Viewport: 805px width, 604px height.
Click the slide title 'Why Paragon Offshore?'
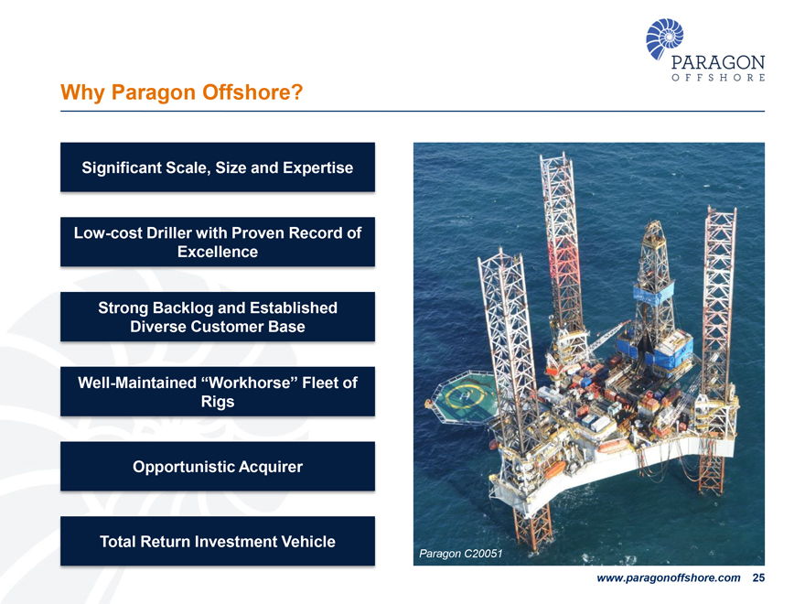click(181, 93)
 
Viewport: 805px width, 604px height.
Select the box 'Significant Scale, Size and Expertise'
click(218, 167)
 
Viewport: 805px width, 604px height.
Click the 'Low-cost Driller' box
click(218, 242)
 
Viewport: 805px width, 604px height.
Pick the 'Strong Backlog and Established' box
click(218, 317)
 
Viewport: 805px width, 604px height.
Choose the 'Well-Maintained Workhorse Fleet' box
click(218, 392)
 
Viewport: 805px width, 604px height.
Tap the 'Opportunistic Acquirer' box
click(218, 467)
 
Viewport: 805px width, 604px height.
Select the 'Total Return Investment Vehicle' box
click(218, 541)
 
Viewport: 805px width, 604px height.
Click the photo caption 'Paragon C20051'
click(461, 554)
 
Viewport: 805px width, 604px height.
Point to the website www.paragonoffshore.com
click(668, 578)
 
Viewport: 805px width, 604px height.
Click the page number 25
click(757, 578)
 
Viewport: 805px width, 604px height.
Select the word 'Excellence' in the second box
click(218, 252)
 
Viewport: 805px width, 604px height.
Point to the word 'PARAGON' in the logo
click(718, 62)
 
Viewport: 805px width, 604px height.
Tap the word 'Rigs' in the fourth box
click(218, 402)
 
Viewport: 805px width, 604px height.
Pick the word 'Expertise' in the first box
click(317, 167)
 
